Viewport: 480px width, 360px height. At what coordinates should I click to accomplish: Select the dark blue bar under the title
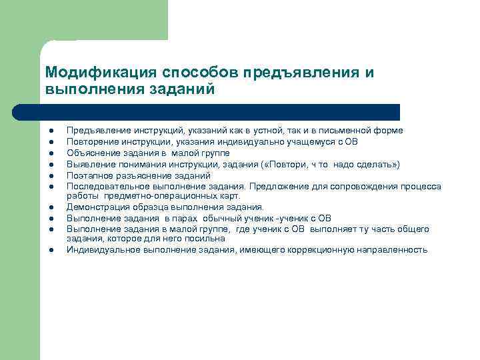point(220,112)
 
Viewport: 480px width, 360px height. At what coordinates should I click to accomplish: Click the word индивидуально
point(256,142)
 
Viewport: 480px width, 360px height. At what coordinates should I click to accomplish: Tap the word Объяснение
point(91,153)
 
